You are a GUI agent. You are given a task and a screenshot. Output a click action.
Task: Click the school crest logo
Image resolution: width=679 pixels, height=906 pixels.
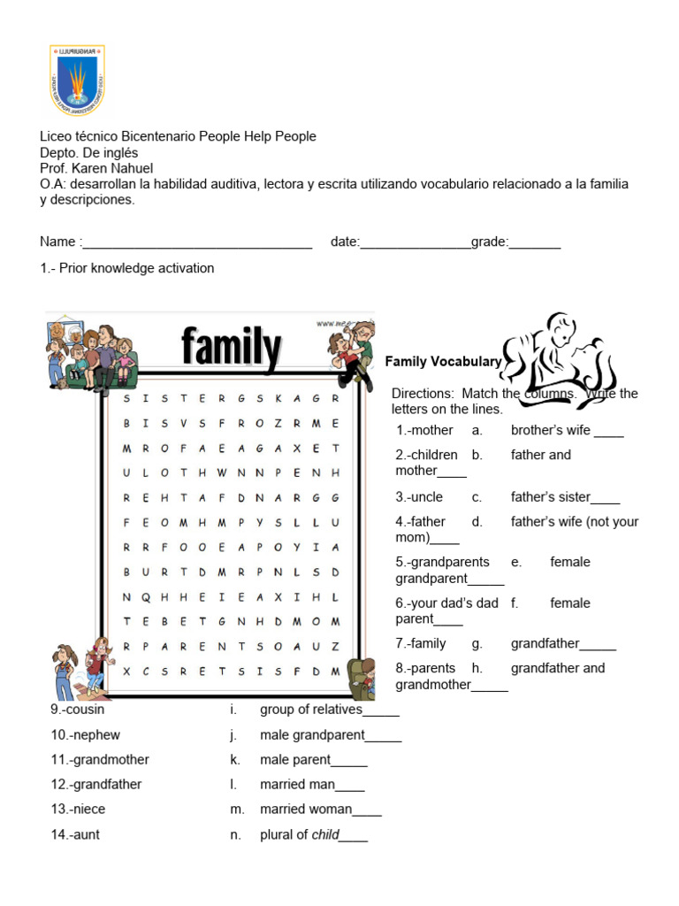[77, 81]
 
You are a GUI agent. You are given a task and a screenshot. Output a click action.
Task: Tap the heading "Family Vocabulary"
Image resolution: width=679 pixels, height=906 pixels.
[443, 361]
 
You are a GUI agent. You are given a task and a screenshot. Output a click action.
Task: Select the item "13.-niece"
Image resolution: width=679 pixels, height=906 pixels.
[78, 809]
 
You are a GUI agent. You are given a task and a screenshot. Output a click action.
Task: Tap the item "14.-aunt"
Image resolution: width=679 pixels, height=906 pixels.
[75, 834]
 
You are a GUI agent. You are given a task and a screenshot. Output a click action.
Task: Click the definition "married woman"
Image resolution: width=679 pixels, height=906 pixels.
[306, 809]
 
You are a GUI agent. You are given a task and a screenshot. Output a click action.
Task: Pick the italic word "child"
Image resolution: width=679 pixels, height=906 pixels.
[324, 834]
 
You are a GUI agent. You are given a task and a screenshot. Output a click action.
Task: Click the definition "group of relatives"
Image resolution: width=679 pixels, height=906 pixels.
[311, 710]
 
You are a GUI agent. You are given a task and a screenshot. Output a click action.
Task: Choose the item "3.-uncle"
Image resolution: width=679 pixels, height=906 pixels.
[419, 497]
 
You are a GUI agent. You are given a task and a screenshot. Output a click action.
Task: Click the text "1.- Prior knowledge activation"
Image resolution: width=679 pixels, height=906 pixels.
[126, 268]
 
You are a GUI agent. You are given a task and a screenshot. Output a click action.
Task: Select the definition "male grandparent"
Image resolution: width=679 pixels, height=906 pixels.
[312, 734]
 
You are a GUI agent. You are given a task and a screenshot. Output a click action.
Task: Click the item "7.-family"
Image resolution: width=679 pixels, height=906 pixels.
[421, 643]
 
